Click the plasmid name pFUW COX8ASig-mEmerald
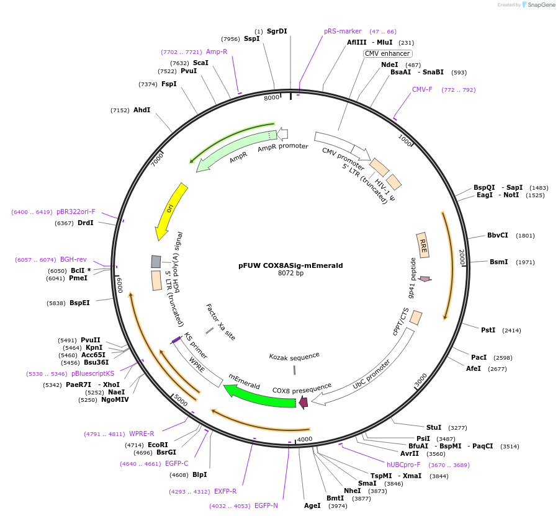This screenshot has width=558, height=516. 290,265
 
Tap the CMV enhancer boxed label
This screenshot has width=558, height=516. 387,54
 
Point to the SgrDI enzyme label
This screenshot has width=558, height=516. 277,31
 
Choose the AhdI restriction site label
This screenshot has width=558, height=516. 142,110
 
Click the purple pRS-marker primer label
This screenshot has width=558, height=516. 343,31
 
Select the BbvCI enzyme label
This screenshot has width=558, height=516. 498,235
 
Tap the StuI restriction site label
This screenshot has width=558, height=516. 434,427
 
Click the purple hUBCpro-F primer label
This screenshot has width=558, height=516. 403,465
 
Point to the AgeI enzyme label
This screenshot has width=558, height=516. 312,505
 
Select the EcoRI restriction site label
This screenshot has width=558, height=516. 158,445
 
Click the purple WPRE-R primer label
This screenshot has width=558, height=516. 142,434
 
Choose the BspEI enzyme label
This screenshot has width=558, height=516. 79,303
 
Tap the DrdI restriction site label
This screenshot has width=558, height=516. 86,223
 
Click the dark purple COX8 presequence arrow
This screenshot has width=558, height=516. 303,403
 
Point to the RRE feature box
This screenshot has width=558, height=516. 424,246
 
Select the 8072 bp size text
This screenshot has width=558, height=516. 290,274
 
